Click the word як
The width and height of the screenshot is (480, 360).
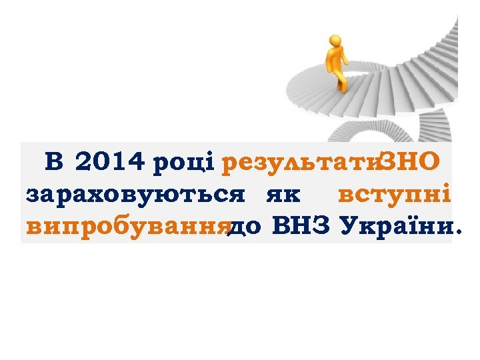[x=283, y=195]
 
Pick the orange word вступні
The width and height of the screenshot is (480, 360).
[x=395, y=194]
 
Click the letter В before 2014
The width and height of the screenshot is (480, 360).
[x=53, y=161]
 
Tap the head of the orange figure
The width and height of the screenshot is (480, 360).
[x=331, y=41]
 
